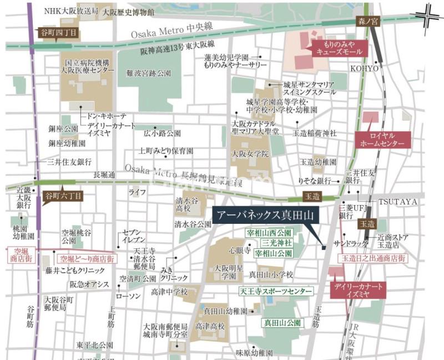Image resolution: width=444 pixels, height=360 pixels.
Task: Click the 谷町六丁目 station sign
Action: coord(62,196)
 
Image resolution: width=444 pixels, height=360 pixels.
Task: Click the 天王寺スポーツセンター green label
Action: coord(276,291)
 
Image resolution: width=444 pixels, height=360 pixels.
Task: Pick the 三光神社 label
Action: coord(273,243)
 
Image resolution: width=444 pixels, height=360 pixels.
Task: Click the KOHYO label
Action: coord(364,68)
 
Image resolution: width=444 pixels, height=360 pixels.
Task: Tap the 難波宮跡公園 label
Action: coord(149,73)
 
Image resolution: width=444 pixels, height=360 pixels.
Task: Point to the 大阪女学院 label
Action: coord(250,153)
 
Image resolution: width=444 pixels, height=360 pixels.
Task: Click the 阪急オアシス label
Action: coord(89,284)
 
